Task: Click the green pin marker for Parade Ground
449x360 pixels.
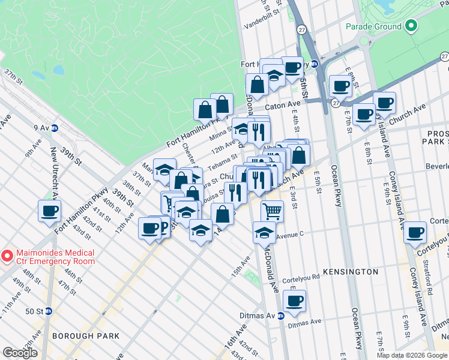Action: click(411, 26)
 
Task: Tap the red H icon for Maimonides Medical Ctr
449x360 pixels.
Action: click(7, 256)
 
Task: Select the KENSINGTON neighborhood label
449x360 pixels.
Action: click(351, 272)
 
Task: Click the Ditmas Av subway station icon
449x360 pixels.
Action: click(280, 316)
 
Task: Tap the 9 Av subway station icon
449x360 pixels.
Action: click(55, 127)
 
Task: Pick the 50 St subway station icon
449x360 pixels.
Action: click(49, 311)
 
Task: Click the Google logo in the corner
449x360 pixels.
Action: click(20, 353)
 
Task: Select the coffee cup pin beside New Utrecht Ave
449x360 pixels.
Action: click(50, 211)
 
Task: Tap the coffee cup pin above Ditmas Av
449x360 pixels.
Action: click(294, 301)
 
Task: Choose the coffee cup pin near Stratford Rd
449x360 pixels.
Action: click(415, 232)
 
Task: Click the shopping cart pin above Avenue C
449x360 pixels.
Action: click(272, 211)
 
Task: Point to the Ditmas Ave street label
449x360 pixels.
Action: click(305, 322)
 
